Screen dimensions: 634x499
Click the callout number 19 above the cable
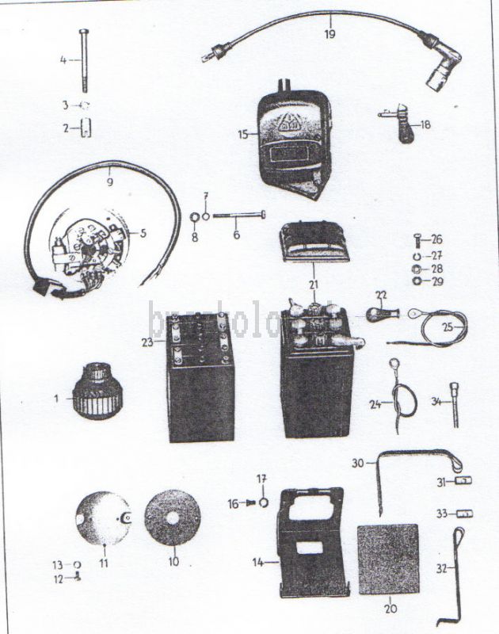329,33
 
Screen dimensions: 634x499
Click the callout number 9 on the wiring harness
109,181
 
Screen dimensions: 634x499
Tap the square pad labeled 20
388,559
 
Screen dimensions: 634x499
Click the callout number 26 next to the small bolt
436,239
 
